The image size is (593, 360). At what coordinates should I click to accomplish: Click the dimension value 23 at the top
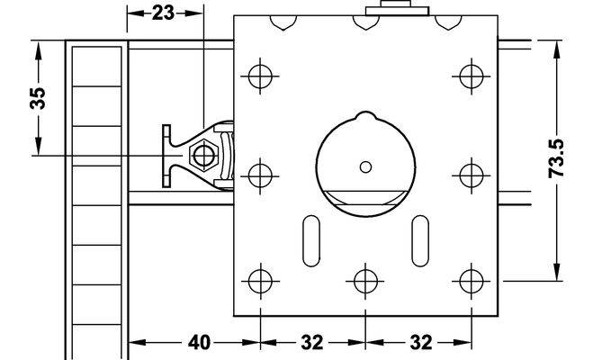coord(163,13)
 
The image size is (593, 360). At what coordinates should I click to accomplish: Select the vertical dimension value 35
coord(38,98)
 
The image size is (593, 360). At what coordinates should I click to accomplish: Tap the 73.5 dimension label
coord(556,158)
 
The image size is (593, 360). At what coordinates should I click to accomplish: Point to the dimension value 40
coord(199,343)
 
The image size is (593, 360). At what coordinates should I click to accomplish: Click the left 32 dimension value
coord(312,343)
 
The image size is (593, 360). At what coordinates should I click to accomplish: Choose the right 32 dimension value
coord(421,343)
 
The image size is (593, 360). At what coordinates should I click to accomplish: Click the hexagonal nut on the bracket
coord(204,155)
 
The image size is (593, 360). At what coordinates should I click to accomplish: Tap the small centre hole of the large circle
coord(365,166)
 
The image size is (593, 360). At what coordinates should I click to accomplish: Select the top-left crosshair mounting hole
coord(260,76)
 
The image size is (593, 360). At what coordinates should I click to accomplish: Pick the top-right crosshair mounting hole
coord(472,76)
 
